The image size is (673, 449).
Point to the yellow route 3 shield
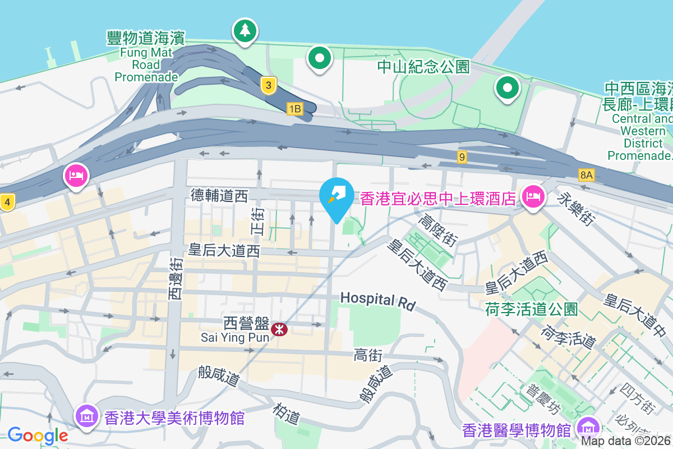(269, 86)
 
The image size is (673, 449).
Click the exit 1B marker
(294, 109)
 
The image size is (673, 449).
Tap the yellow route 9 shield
(462, 157)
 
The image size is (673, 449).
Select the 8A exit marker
(586, 175)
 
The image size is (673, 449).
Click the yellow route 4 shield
(7, 202)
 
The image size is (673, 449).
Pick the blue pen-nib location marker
(336, 197)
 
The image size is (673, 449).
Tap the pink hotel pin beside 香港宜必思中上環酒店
(531, 197)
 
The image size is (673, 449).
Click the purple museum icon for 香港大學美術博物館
(87, 417)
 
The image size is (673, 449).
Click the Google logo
(38, 435)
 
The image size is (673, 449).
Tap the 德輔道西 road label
(219, 196)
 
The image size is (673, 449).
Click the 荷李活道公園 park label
(531, 309)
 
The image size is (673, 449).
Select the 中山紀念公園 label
(423, 67)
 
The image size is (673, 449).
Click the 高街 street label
(368, 355)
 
